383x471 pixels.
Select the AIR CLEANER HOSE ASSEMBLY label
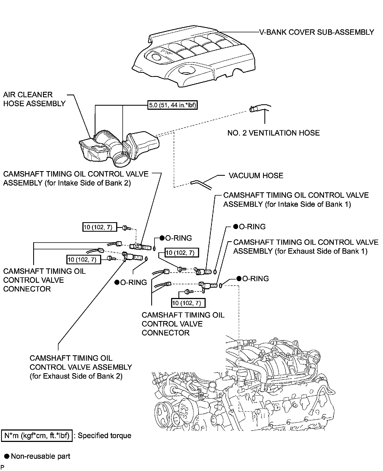click(x=34, y=99)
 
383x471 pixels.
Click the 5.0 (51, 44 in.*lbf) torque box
click(x=172, y=105)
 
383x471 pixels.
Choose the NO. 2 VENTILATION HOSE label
click(x=273, y=133)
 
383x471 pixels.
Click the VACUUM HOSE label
click(x=256, y=175)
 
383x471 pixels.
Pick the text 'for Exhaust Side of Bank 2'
click(x=76, y=376)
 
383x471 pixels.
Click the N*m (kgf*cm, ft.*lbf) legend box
click(x=37, y=436)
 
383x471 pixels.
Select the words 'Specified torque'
click(x=104, y=436)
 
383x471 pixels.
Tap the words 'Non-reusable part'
click(x=41, y=456)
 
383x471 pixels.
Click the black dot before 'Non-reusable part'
click(x=7, y=456)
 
